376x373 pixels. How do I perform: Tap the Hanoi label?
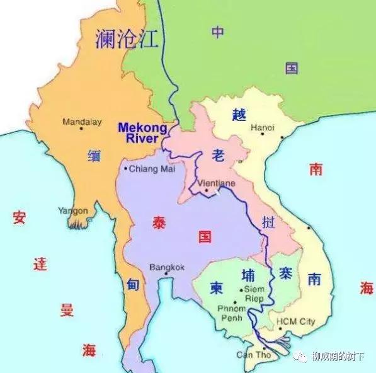263,127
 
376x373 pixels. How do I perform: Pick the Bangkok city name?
167,267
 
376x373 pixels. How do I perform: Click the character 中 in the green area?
218,32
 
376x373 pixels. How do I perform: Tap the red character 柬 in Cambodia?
216,287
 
